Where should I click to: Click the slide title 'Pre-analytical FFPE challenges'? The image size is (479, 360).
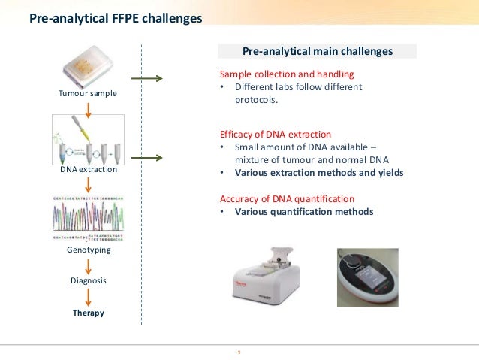pyautogui.click(x=115, y=17)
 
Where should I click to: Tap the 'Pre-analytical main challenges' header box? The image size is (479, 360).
pyautogui.click(x=317, y=52)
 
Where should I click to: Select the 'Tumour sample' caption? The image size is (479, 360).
pyautogui.click(x=88, y=95)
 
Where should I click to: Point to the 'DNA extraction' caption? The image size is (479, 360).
pyautogui.click(x=88, y=170)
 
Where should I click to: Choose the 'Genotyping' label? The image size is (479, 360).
pyautogui.click(x=89, y=250)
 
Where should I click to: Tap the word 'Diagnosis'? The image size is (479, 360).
pyautogui.click(x=89, y=280)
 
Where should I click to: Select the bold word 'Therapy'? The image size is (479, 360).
pyautogui.click(x=89, y=312)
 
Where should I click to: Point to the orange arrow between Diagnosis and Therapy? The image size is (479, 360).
pyautogui.click(x=89, y=296)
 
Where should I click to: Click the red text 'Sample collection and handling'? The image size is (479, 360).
pyautogui.click(x=286, y=75)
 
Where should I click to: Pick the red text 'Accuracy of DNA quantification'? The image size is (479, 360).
pyautogui.click(x=286, y=199)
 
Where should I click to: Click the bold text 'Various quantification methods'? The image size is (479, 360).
pyautogui.click(x=303, y=212)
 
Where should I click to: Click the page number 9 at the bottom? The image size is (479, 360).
pyautogui.click(x=239, y=351)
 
